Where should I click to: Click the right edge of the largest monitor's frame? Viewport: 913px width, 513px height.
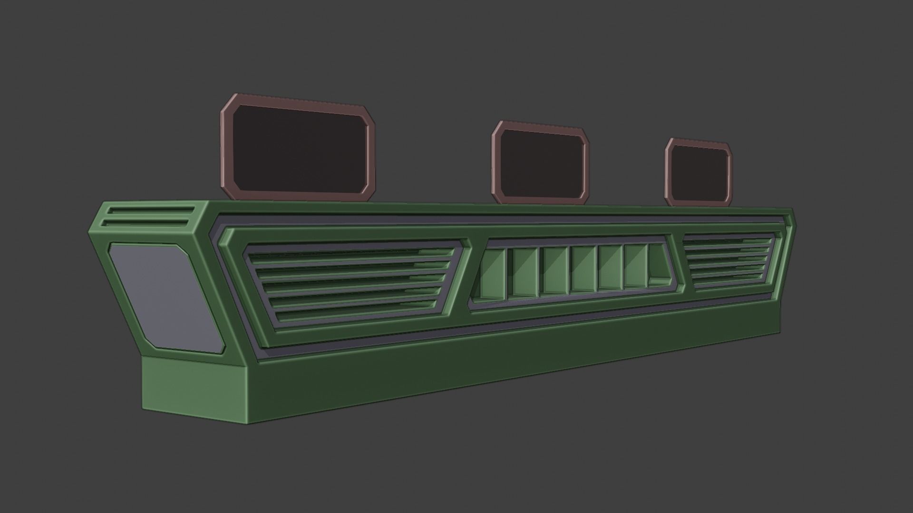tap(371, 159)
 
